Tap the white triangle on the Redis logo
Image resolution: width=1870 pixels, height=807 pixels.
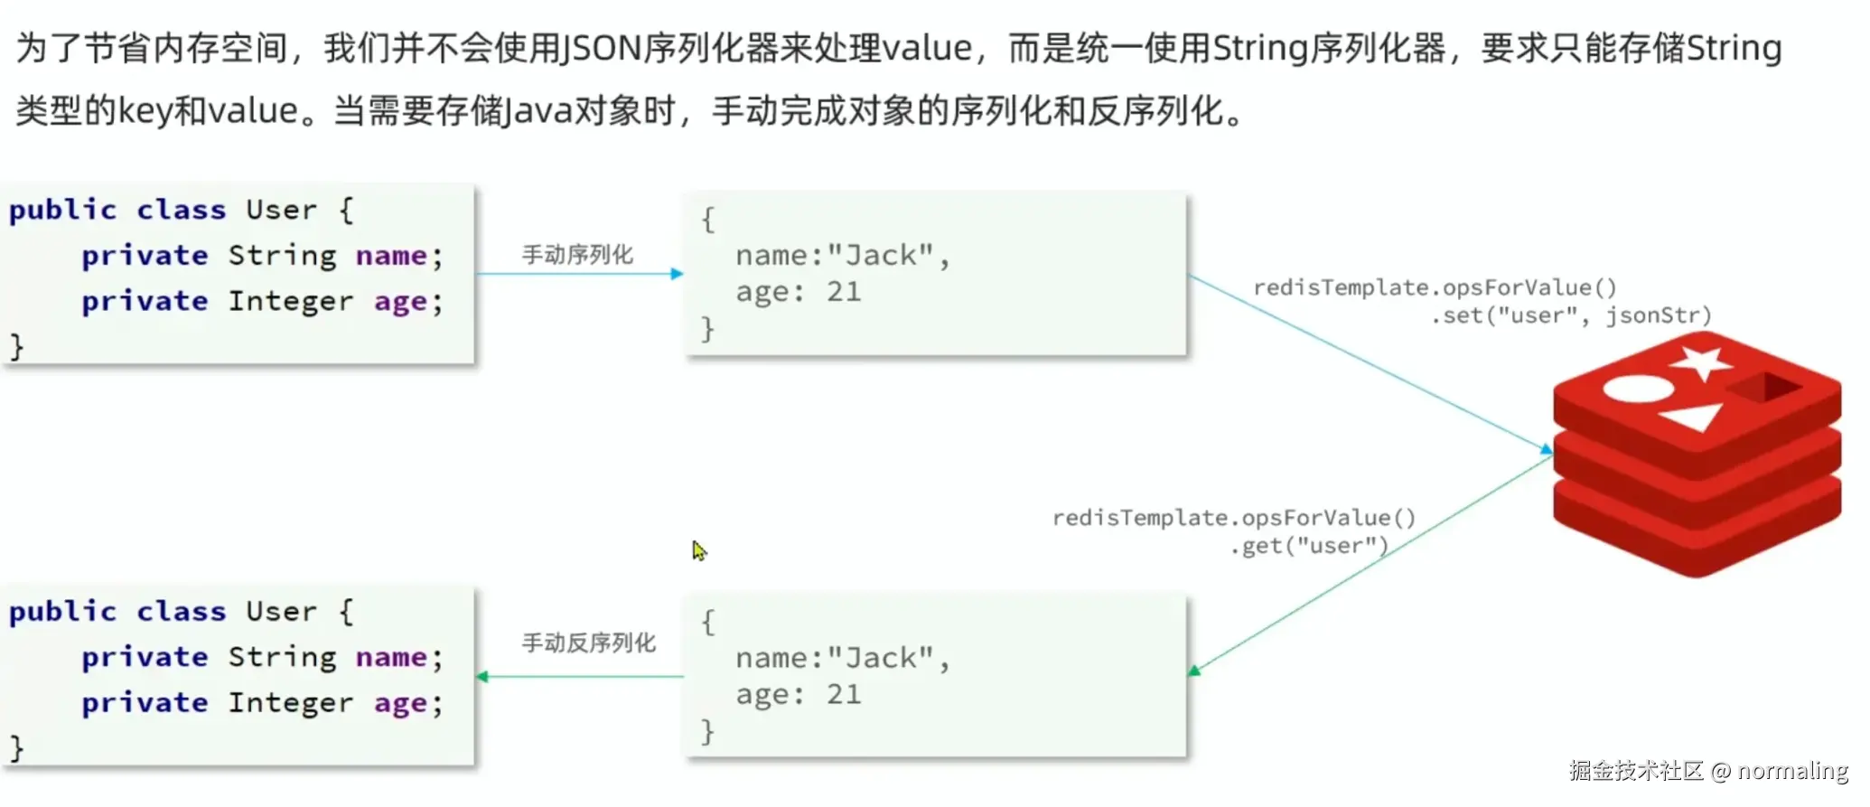[x=1692, y=417]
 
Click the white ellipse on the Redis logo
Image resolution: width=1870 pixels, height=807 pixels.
[x=1639, y=388]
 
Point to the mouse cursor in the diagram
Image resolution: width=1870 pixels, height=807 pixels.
[x=699, y=550]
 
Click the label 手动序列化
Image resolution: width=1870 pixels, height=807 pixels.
[x=577, y=255]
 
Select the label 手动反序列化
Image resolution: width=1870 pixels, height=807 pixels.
[x=588, y=643]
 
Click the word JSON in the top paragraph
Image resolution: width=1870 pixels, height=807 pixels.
[x=602, y=48]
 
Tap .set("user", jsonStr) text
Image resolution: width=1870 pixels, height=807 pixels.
[x=1571, y=315]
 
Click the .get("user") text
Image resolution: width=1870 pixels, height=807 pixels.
[x=1309, y=546]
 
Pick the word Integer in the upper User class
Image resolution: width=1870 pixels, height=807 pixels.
[x=290, y=301]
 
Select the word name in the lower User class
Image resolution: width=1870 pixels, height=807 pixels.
[x=391, y=657]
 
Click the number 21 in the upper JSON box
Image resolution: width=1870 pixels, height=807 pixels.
[x=844, y=292]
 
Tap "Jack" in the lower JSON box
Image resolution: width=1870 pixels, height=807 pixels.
[x=881, y=658]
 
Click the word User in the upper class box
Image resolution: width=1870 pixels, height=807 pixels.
[x=282, y=210]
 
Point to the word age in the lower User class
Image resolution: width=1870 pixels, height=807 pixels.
[x=400, y=703]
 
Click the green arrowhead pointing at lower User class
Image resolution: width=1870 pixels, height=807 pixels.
[x=482, y=676]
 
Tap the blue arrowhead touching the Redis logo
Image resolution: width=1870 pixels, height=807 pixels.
[x=1546, y=448]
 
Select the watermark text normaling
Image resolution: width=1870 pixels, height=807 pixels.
[x=1792, y=771]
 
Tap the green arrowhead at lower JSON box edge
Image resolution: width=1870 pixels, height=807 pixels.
[x=1194, y=670]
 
